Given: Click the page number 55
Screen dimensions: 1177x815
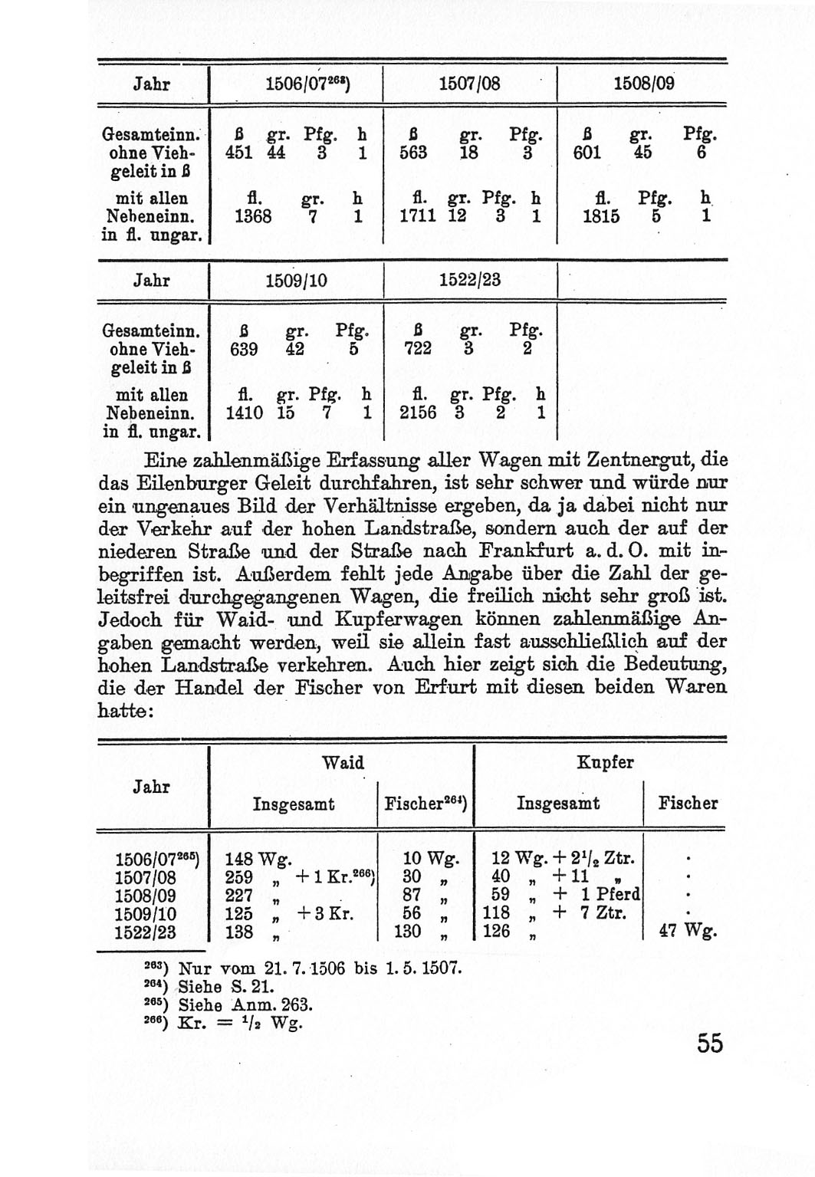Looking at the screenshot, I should coord(709,1043).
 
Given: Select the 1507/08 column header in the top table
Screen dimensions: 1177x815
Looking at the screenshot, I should coord(469,84).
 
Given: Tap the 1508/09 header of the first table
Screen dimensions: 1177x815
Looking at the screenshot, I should coord(644,84).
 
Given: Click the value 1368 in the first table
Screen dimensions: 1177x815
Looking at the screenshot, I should coord(253,216).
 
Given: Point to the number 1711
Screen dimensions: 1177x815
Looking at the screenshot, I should coord(418,216).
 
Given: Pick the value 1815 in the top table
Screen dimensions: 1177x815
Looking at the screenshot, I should coord(600,216).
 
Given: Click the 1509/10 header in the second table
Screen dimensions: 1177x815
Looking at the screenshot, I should coord(296,281).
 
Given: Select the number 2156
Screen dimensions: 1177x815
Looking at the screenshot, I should coord(418,413).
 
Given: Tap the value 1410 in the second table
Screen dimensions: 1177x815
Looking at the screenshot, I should coord(245,413).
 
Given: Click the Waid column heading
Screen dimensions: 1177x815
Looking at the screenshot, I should coord(343,763).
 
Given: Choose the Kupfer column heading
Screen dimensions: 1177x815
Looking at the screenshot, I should coord(605,763).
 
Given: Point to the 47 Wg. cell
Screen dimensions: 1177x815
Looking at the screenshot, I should coord(688,931).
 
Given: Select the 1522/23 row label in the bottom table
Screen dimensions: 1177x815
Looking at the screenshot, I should coord(145,932).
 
